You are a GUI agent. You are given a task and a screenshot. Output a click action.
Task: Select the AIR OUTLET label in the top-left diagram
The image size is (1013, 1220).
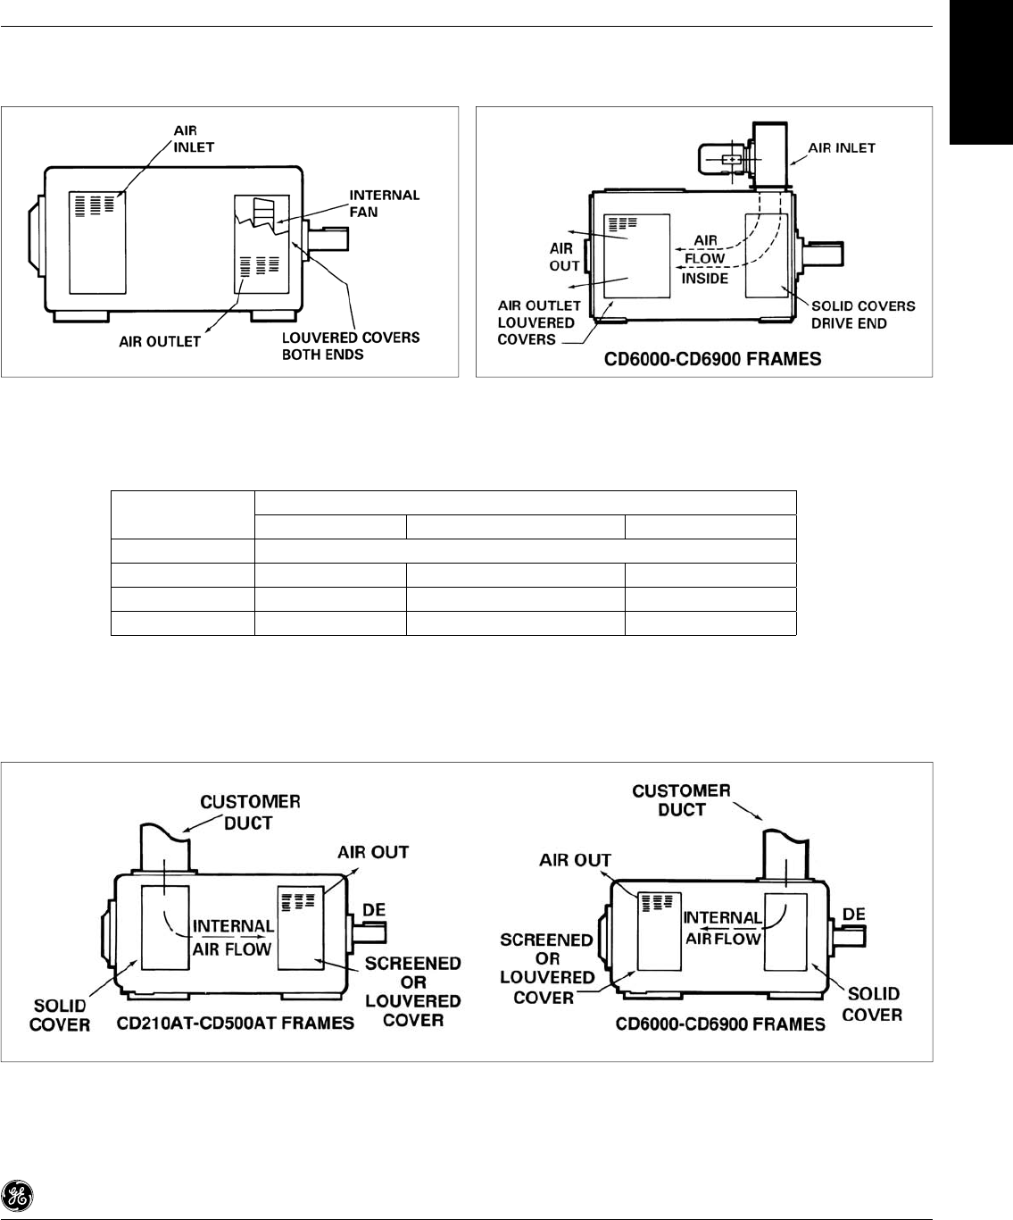(x=161, y=341)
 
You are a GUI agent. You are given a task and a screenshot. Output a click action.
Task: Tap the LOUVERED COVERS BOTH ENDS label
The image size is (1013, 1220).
(x=351, y=345)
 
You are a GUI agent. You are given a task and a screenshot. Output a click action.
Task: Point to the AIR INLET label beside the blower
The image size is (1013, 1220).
(x=843, y=148)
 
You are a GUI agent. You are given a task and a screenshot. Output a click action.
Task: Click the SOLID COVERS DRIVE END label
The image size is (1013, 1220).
(x=863, y=314)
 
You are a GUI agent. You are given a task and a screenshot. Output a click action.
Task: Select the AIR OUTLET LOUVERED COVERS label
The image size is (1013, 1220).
(x=540, y=322)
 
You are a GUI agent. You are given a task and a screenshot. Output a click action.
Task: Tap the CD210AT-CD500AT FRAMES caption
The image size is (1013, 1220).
(x=236, y=1023)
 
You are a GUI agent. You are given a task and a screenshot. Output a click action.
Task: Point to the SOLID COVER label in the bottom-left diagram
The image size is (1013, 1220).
(x=60, y=1015)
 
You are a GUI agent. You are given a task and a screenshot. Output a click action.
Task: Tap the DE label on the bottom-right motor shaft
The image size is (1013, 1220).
(x=854, y=915)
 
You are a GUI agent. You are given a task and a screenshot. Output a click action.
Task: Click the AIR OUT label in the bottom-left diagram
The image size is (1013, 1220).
(x=373, y=852)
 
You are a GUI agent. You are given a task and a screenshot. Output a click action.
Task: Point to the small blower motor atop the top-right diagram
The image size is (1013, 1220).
(x=721, y=161)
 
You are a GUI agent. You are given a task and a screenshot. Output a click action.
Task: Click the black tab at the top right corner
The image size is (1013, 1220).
(x=982, y=71)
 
